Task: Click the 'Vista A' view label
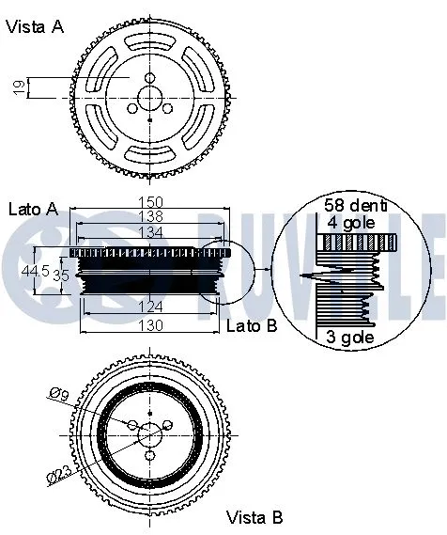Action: pyautogui.click(x=36, y=27)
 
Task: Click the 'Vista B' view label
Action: pyautogui.click(x=254, y=517)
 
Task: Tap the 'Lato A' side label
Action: pyautogui.click(x=33, y=208)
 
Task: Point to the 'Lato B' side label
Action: pyautogui.click(x=253, y=325)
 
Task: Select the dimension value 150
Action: pyautogui.click(x=152, y=201)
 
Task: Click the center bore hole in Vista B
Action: pyautogui.click(x=150, y=433)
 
